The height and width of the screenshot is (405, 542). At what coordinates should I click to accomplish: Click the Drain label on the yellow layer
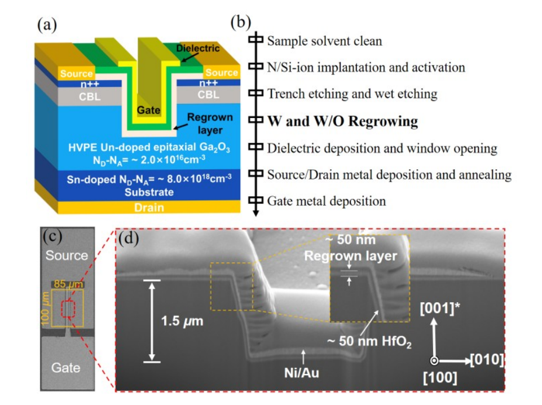click(149, 208)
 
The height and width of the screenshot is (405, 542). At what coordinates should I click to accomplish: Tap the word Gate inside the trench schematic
click(149, 110)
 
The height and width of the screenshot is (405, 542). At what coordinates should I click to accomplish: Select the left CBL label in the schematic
click(90, 96)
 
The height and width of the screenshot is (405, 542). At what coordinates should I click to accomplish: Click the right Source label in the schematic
click(222, 73)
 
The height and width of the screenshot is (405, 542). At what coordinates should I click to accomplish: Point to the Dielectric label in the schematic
click(198, 48)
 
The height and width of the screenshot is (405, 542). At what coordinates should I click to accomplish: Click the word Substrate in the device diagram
click(149, 192)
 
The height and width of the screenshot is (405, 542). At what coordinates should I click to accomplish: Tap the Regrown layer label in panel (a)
click(210, 124)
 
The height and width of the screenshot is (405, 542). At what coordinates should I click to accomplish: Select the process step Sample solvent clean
click(324, 41)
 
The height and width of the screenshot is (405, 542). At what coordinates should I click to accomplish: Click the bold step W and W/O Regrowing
click(342, 121)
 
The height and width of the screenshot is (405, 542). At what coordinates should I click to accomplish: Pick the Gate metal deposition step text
click(327, 201)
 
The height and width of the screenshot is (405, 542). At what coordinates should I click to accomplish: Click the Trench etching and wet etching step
click(352, 94)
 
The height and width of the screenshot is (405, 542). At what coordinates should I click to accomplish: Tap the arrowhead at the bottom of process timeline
click(256, 213)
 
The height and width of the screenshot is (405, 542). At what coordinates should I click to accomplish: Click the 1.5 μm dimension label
click(182, 321)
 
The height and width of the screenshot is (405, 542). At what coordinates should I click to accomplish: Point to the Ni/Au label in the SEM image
click(301, 373)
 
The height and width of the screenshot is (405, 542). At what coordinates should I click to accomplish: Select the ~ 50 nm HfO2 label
click(369, 342)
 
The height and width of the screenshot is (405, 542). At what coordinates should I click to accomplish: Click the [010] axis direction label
click(487, 360)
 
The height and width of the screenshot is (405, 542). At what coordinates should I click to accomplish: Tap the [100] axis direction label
click(440, 378)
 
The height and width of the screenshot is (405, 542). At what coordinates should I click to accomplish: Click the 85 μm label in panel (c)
click(68, 284)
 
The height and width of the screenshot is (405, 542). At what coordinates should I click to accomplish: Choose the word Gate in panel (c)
click(65, 368)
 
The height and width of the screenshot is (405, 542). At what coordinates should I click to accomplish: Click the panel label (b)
click(241, 23)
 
